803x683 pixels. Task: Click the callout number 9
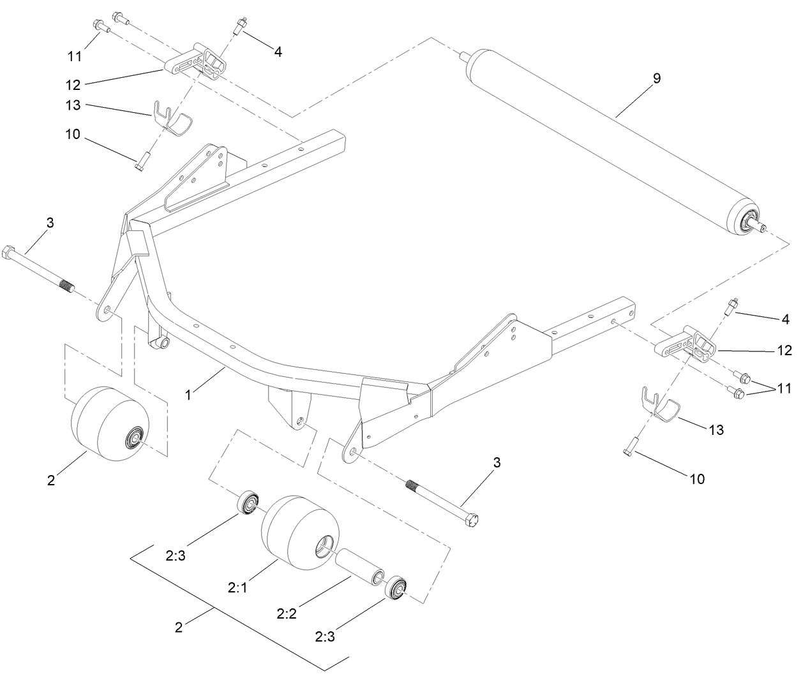(x=657, y=78)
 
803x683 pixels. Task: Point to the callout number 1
(x=188, y=395)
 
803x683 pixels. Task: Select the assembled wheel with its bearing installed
(x=109, y=421)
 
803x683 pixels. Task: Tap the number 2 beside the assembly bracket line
(x=179, y=628)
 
